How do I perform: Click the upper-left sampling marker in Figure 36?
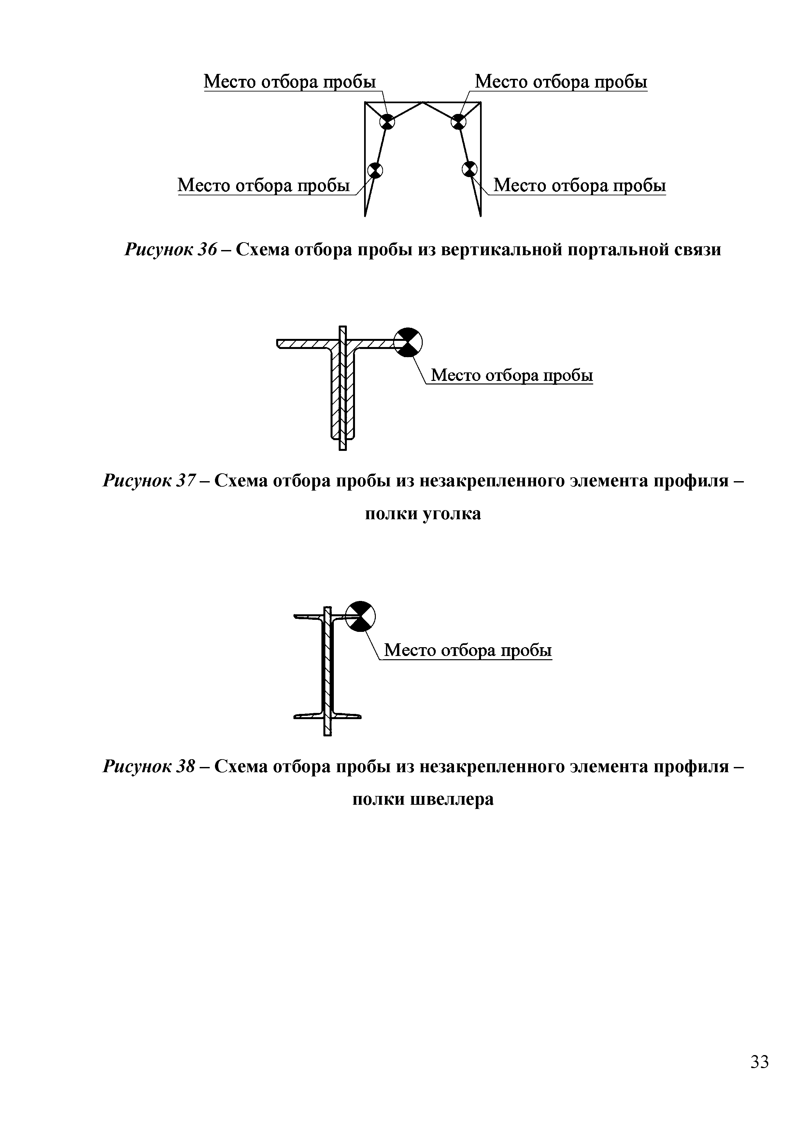pos(388,121)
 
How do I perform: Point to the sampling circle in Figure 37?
pos(408,342)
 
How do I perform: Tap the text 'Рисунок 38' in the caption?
pos(149,766)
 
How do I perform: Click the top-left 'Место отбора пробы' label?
pos(290,82)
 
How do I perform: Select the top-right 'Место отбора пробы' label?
pos(561,82)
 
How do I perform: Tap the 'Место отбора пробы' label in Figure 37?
pos(511,375)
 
